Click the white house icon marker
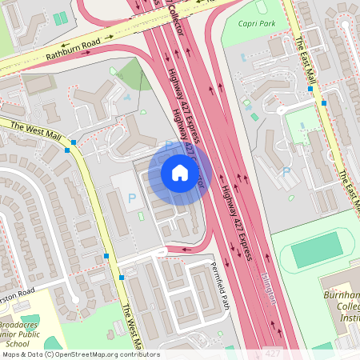pos(180,172)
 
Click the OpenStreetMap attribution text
pos(80,354)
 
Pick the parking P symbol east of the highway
pos(286,171)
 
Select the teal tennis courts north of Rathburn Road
pos(60,18)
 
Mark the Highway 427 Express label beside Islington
pos(238,224)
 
